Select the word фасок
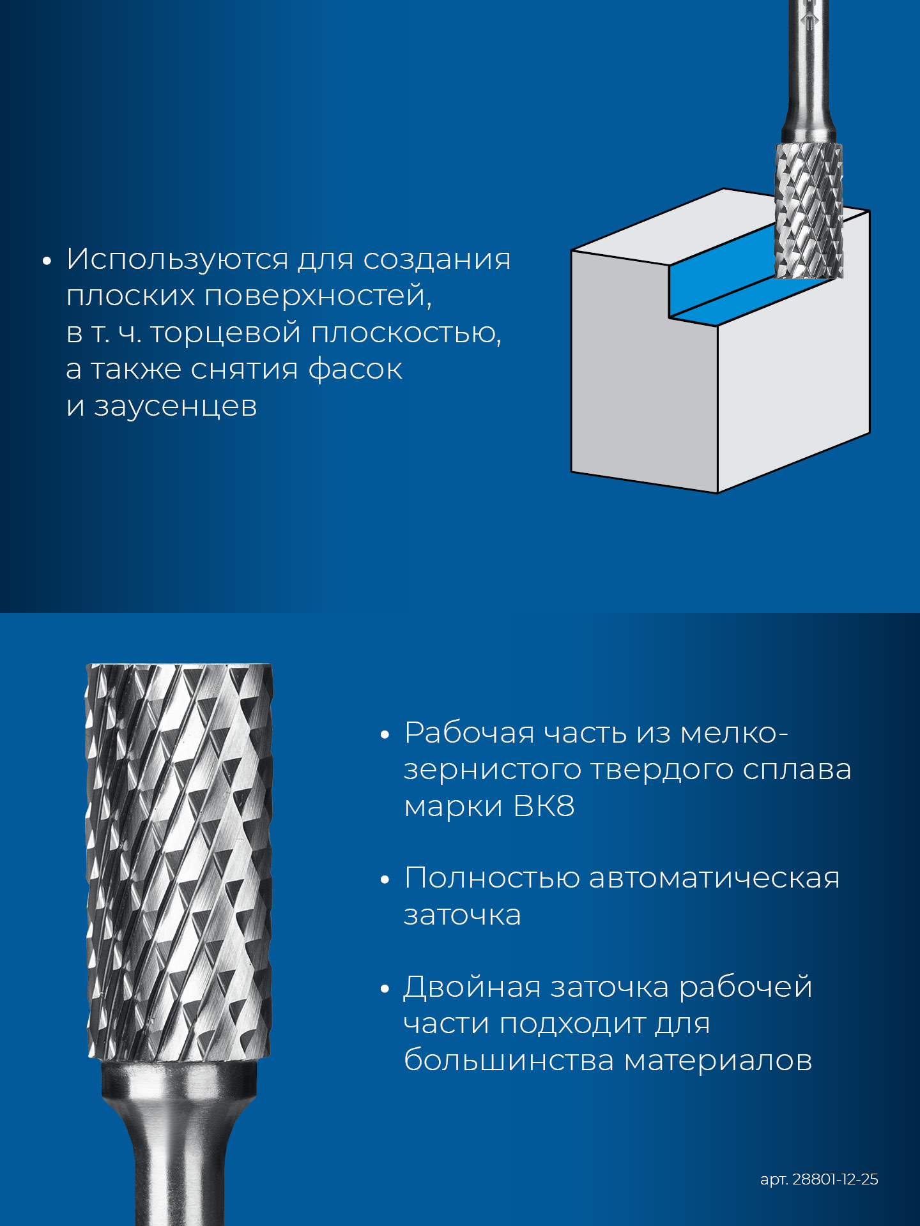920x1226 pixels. (x=355, y=369)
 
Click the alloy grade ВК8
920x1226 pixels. (x=544, y=806)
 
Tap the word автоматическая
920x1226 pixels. (x=714, y=878)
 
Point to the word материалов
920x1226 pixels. (x=717, y=1061)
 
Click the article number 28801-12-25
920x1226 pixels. (x=835, y=1179)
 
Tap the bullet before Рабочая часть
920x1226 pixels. (x=385, y=735)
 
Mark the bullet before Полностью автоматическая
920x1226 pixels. (x=385, y=880)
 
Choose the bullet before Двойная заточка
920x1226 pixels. (x=385, y=989)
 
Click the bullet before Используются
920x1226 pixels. (x=46, y=261)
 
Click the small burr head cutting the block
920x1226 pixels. (x=809, y=211)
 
